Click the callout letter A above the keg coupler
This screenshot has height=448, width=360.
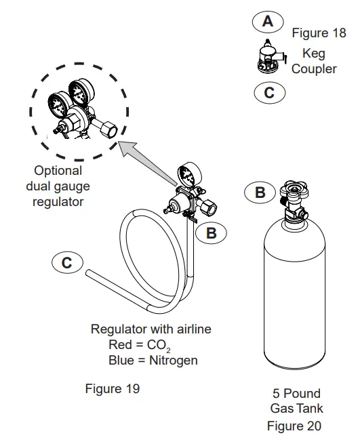[x=268, y=22]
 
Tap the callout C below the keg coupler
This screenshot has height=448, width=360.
[x=269, y=93]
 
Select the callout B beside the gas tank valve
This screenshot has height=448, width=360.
[x=260, y=192]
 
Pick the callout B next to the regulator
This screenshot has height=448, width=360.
[x=212, y=232]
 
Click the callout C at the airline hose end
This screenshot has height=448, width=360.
[x=67, y=262]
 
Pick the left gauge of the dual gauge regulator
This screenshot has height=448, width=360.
[x=56, y=106]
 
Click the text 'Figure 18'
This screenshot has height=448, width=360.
[x=319, y=33]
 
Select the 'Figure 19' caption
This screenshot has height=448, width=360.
[x=112, y=388]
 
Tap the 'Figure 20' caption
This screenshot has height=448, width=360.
[x=294, y=426]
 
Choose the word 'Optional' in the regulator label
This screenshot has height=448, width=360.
[x=58, y=171]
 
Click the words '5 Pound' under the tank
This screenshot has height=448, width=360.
[x=296, y=393]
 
